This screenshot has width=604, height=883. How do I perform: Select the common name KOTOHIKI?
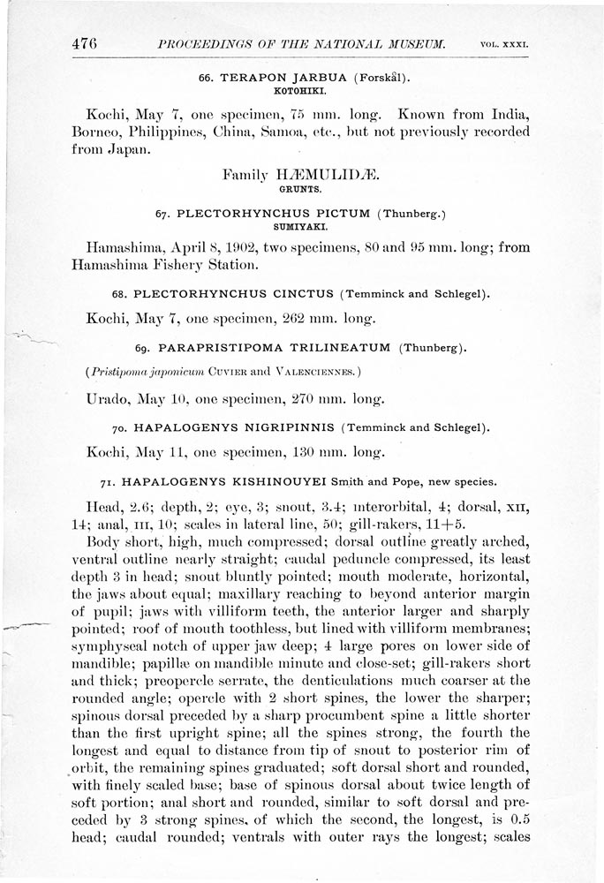click(x=301, y=90)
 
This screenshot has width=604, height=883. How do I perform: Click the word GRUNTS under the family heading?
click(x=300, y=189)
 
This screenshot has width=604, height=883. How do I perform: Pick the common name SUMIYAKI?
click(x=301, y=225)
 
